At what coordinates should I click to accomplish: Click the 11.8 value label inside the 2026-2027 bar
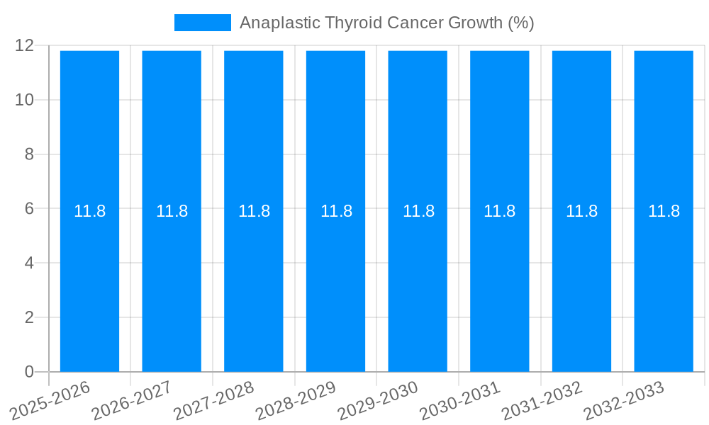[x=172, y=211]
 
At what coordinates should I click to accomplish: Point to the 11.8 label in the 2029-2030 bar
[x=418, y=211]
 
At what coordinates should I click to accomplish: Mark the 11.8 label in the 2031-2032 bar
[x=581, y=211]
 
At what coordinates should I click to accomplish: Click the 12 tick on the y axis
[x=25, y=45]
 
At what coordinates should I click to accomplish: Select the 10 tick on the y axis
[x=25, y=100]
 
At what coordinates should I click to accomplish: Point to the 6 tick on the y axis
[x=29, y=209]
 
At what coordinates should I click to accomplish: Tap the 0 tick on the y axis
[x=29, y=372]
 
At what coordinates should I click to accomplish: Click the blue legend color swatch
[x=203, y=23]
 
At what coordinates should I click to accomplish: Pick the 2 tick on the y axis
[x=29, y=317]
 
